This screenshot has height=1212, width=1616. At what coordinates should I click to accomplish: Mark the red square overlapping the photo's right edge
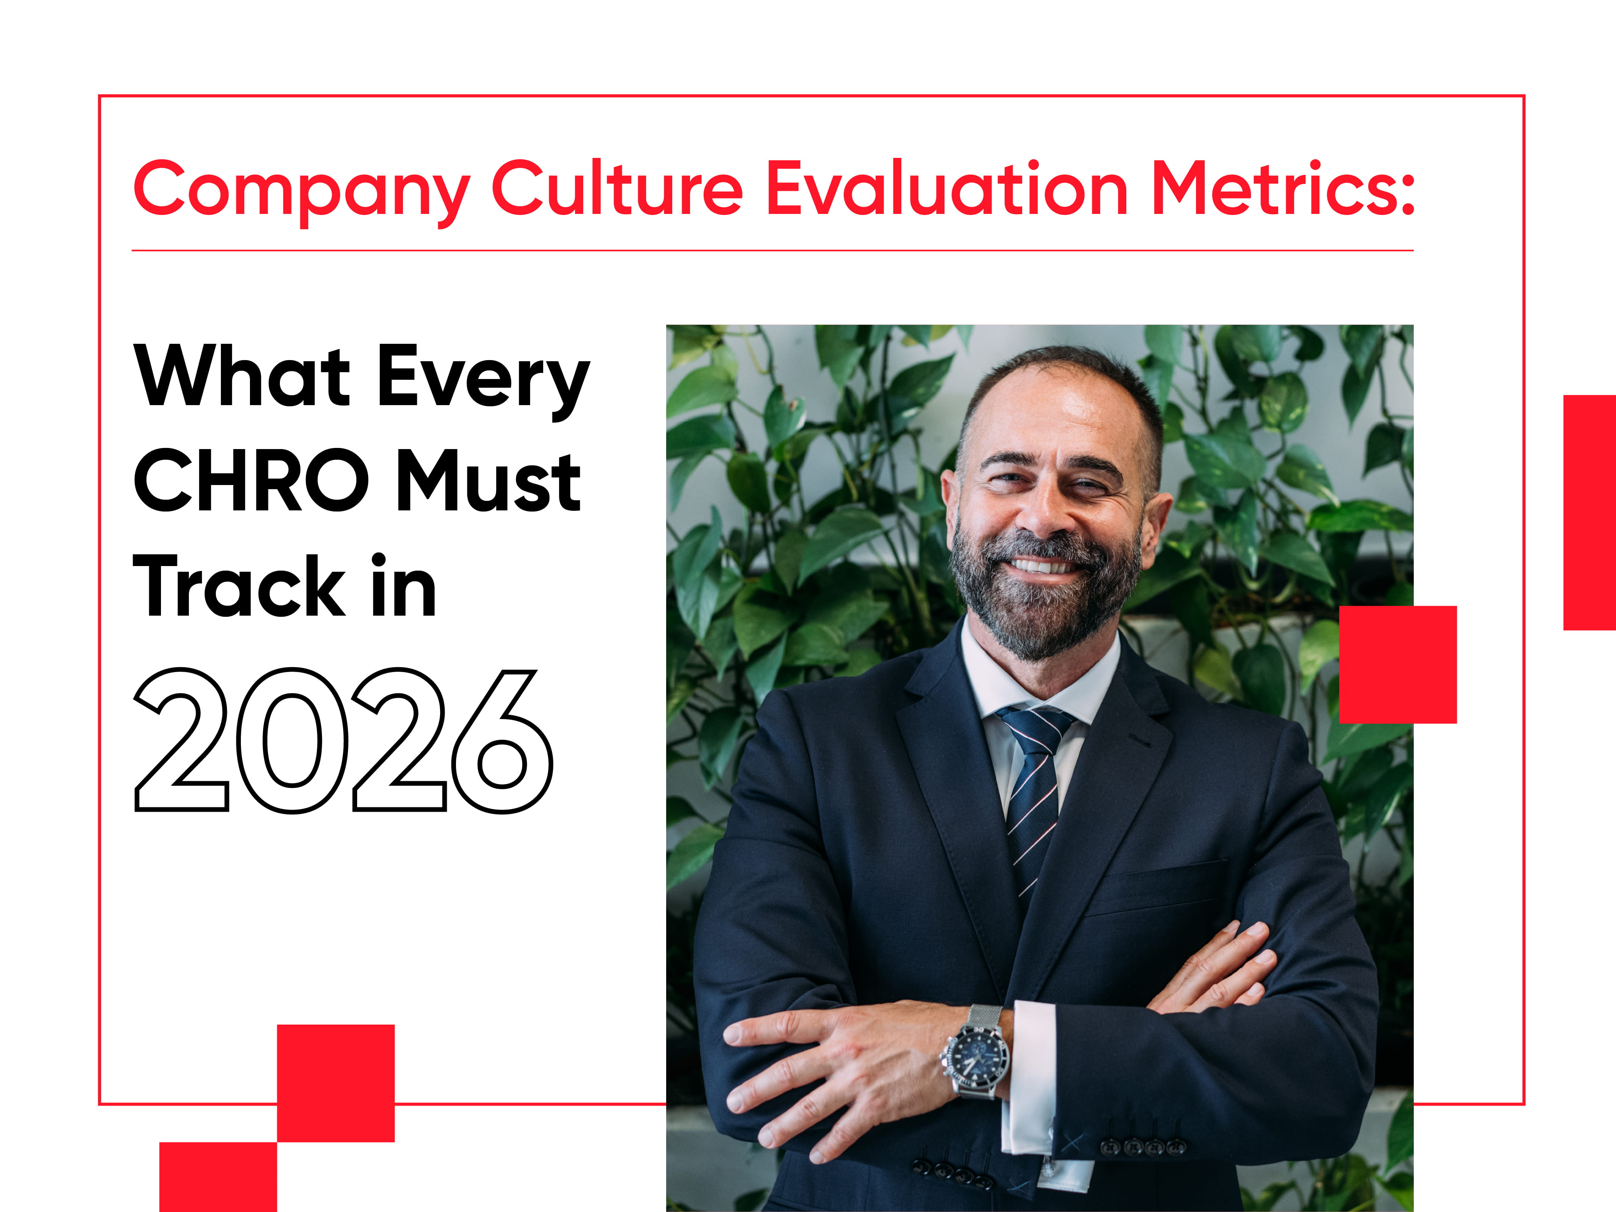[x=1397, y=664]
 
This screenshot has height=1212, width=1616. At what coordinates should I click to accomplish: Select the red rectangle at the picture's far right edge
[x=1590, y=512]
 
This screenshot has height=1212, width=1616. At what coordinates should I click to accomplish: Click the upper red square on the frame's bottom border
[x=336, y=1083]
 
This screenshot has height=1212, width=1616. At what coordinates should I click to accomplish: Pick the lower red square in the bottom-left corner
[x=219, y=1177]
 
